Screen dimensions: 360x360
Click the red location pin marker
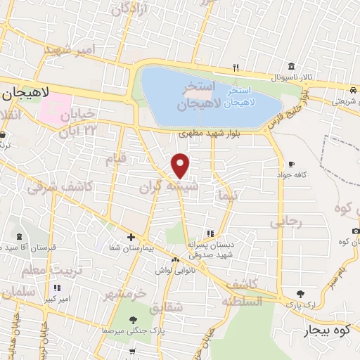coord(181,165)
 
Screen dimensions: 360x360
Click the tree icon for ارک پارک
coord(301,293)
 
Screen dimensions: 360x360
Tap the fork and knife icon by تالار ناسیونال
coord(236,68)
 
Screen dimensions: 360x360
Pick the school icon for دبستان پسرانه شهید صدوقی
coord(209,233)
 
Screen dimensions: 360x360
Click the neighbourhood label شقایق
coord(166,306)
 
